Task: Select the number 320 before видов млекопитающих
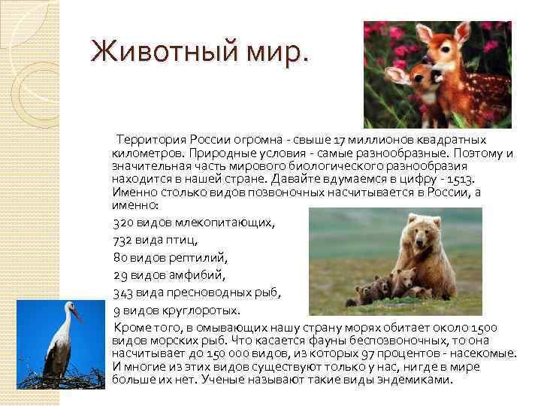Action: (x=123, y=223)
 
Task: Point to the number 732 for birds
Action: (x=123, y=241)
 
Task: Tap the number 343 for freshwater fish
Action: (x=124, y=292)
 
